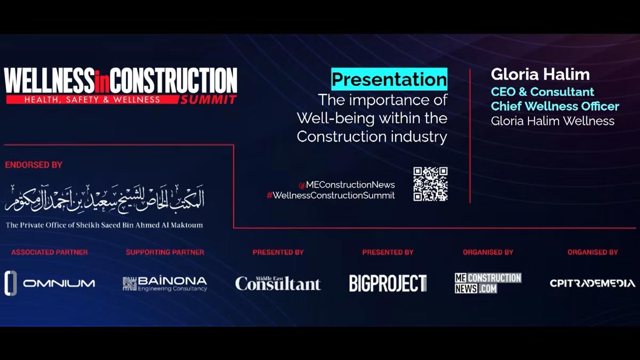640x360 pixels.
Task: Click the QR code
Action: click(x=430, y=184)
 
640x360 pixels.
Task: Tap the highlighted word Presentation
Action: click(x=389, y=79)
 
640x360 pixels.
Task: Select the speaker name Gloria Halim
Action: click(x=540, y=74)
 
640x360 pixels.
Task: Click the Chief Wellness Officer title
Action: click(x=555, y=106)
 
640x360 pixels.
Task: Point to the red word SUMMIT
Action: click(x=209, y=100)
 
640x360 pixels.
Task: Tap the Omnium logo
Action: click(x=50, y=283)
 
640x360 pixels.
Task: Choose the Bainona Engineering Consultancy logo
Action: click(x=165, y=284)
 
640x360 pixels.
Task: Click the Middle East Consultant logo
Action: click(x=278, y=283)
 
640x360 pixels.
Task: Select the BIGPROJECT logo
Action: click(x=388, y=283)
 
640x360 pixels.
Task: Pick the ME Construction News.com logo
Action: click(x=488, y=283)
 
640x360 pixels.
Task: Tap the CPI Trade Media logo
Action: click(x=593, y=283)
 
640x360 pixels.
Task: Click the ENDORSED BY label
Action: click(x=34, y=165)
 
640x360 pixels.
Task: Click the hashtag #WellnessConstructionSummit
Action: click(x=331, y=195)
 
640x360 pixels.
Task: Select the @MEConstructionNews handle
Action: click(x=347, y=185)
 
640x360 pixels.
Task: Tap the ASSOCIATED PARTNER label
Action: click(x=50, y=252)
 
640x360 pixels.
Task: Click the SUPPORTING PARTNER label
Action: click(x=165, y=252)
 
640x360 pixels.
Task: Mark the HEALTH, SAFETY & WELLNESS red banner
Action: click(x=92, y=99)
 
